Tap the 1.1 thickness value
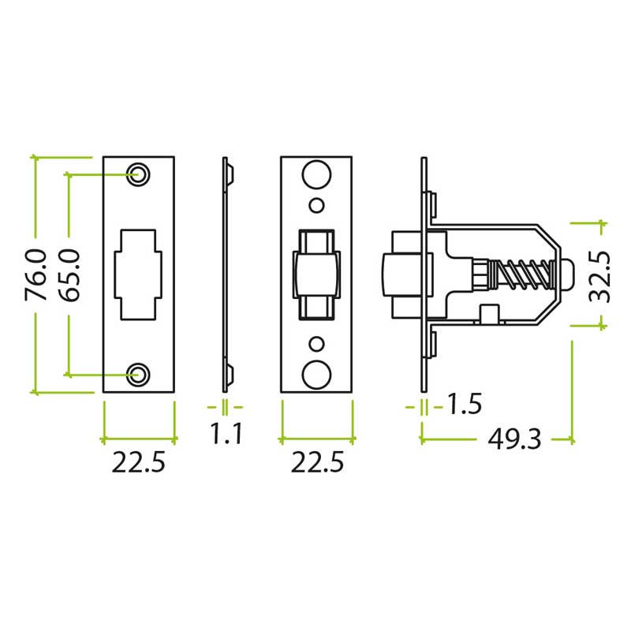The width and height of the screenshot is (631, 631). [226, 435]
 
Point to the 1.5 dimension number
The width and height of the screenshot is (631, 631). [464, 405]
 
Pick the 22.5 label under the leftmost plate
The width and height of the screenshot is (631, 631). [138, 463]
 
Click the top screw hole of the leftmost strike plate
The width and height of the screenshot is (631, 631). [140, 174]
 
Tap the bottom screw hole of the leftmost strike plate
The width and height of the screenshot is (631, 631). [140, 373]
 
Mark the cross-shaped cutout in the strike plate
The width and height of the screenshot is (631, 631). [139, 274]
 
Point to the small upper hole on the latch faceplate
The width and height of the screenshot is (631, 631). [317, 206]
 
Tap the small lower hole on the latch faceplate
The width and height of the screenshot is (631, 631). [317, 343]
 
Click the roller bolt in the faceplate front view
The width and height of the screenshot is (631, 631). [317, 274]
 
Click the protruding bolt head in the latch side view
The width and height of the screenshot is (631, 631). [397, 274]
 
